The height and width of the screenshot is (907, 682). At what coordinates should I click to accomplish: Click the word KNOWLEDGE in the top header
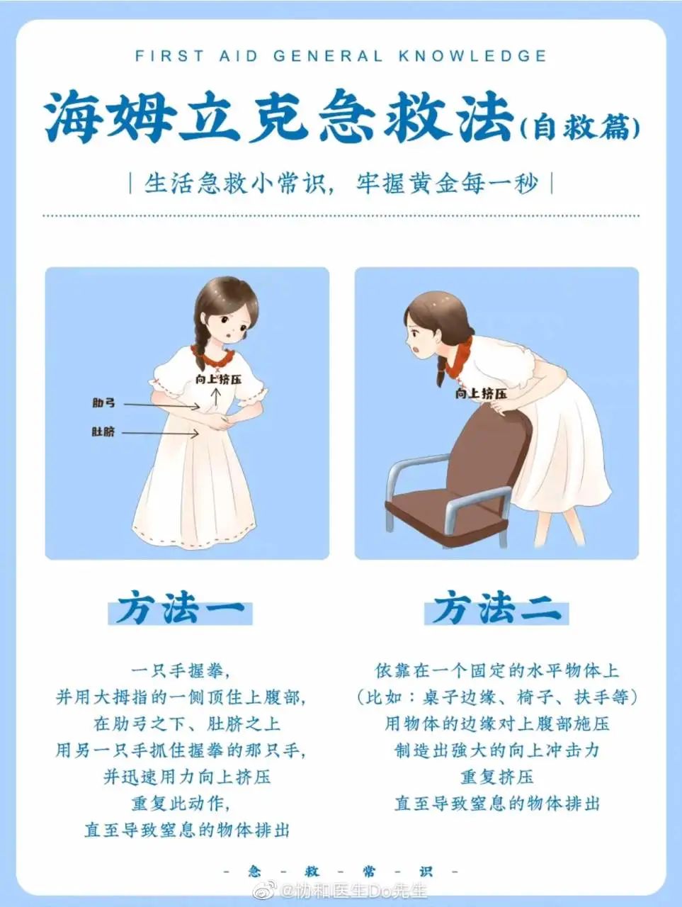[x=472, y=56]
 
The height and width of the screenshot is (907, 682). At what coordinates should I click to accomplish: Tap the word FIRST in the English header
[x=170, y=56]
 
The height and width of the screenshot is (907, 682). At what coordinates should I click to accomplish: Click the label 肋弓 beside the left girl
[x=103, y=402]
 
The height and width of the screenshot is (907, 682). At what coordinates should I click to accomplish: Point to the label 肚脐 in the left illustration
[x=103, y=432]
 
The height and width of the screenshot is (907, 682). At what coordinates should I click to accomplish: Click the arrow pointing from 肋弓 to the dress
[x=162, y=406]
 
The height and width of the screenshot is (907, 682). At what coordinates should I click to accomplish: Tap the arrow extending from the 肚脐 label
[x=161, y=433]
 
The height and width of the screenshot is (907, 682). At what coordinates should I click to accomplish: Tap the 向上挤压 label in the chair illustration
[x=481, y=393]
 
